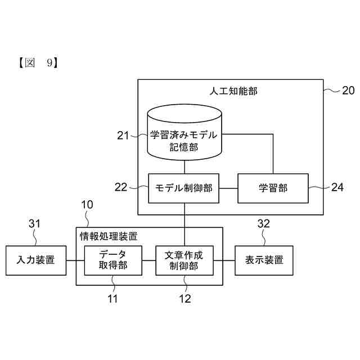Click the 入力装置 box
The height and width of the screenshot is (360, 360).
[35, 260]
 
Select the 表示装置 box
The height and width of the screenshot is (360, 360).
[264, 260]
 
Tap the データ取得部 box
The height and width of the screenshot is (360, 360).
[113, 260]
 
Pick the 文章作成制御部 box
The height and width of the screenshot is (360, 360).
[184, 260]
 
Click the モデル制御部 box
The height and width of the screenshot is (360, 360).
[184, 188]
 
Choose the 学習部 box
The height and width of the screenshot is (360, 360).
[273, 188]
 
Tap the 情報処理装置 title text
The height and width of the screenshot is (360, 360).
[108, 236]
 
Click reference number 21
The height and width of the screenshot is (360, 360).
[123, 135]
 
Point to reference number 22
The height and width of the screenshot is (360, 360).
[121, 187]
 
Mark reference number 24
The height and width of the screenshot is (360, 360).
[337, 187]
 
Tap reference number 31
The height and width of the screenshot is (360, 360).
[35, 224]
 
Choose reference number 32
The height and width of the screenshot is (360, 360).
[264, 224]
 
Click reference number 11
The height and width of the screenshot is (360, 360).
[113, 299]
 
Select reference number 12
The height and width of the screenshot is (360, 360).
[184, 299]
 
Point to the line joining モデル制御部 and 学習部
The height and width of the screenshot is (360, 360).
[229, 188]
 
